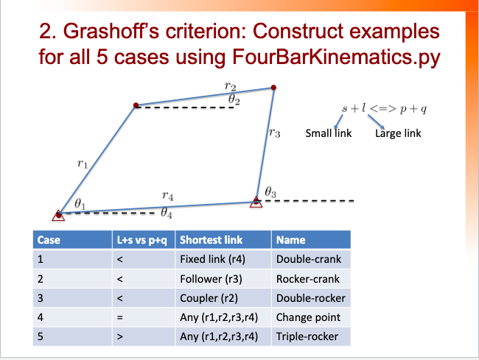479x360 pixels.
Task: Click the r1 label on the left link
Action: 82,166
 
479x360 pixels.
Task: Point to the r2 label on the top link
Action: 229,87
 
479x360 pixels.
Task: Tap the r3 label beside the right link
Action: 274,133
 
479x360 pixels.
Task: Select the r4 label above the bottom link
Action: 168,196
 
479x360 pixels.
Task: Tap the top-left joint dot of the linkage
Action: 136,106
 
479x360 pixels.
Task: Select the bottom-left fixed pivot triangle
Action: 58,215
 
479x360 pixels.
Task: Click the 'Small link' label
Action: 328,134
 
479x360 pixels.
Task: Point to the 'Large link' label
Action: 398,134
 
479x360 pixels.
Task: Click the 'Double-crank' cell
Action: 308,259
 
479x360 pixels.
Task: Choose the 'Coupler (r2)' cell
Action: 209,298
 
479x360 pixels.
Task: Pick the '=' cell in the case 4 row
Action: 119,317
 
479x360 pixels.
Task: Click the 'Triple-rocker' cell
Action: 308,336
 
